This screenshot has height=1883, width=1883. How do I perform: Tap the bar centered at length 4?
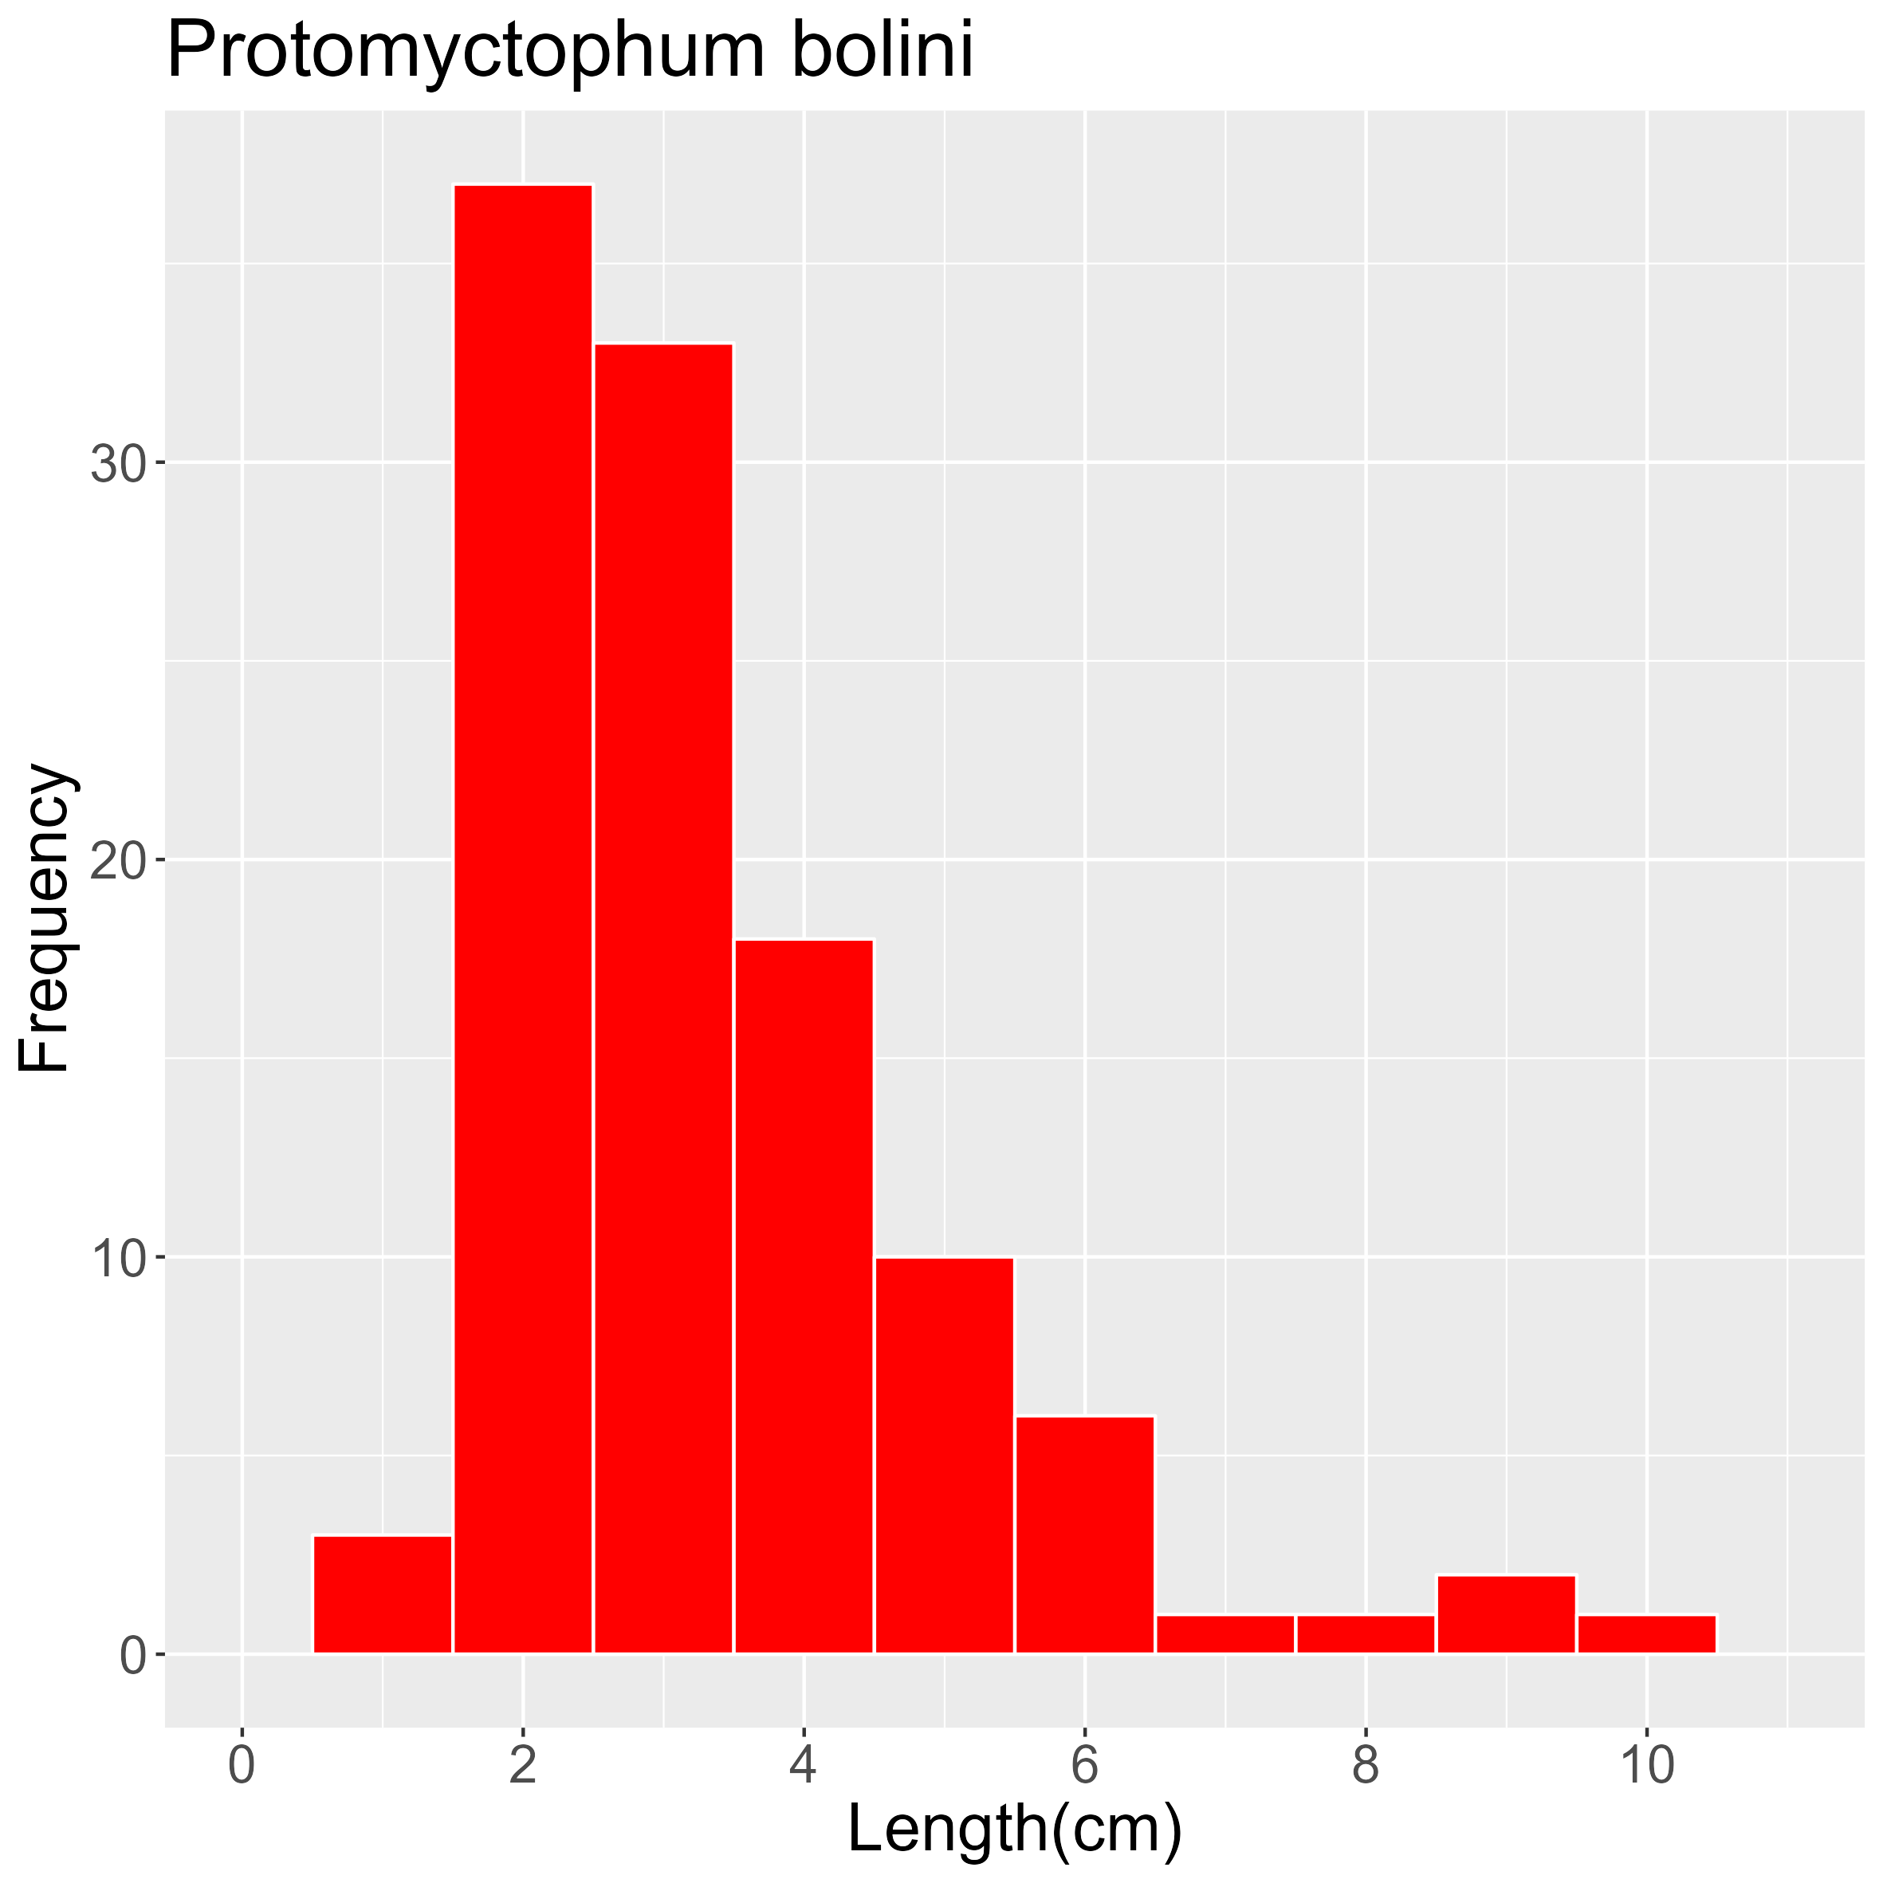(804, 1296)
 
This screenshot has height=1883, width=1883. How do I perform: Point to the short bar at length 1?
(383, 1594)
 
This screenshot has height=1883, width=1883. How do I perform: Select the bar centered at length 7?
(1225, 1634)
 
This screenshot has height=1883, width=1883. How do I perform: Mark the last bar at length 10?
(1646, 1634)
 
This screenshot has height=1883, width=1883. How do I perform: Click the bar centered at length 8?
(1366, 1634)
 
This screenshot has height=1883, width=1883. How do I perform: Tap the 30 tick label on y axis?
(118, 464)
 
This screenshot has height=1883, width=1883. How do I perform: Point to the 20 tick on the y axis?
(118, 861)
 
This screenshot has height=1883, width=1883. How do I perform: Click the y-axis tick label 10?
(118, 1258)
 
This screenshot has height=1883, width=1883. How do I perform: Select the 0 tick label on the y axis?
(132, 1656)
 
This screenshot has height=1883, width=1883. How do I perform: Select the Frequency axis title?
(44, 918)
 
